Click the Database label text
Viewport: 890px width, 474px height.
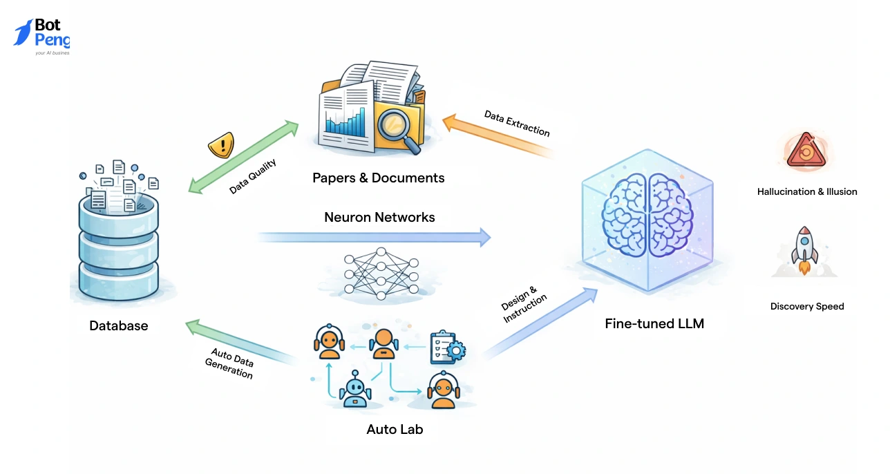click(x=118, y=325)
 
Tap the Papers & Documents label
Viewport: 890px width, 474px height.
click(x=378, y=178)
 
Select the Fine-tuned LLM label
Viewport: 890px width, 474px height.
click(x=654, y=323)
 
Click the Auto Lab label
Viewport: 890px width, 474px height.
click(x=395, y=429)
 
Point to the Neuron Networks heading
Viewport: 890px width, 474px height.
click(x=379, y=217)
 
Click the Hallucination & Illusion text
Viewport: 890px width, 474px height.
click(x=806, y=191)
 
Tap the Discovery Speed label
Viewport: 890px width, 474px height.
click(x=806, y=306)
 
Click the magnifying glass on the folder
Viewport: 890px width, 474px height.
click(x=396, y=127)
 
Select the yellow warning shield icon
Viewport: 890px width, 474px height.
click(x=220, y=145)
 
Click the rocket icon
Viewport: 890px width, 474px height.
click(x=804, y=249)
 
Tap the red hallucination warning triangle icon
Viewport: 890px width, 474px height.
click(x=806, y=151)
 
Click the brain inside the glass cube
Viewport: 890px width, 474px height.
click(x=647, y=216)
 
